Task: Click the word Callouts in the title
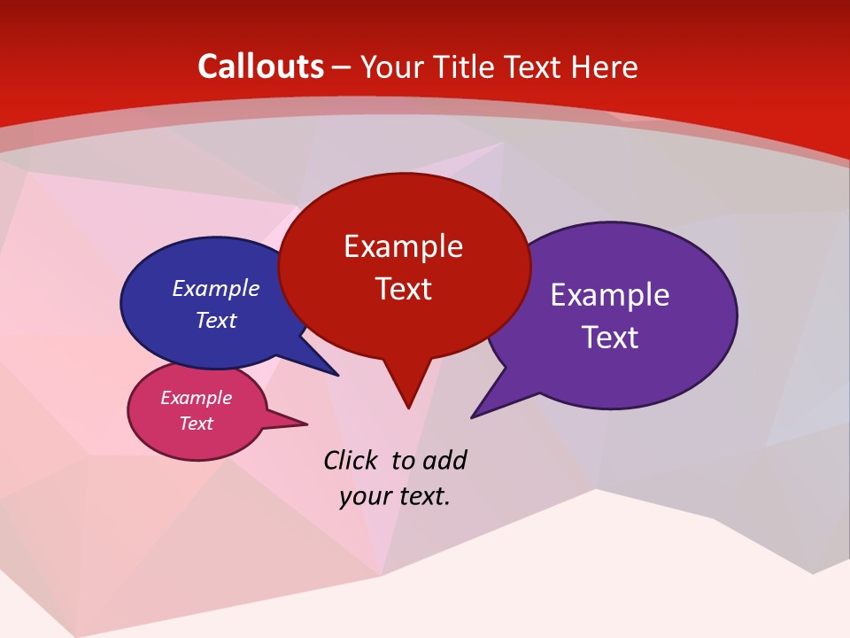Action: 261,66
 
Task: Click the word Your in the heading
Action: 395,67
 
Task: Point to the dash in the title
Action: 343,67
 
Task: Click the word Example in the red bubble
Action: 403,246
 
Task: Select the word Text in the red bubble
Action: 403,289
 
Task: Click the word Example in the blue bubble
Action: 216,288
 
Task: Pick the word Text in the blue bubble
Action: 216,320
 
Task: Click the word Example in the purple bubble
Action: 610,295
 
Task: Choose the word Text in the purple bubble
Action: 610,338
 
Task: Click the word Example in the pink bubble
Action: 196,398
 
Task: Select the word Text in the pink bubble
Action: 196,424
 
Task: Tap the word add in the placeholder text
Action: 444,461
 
